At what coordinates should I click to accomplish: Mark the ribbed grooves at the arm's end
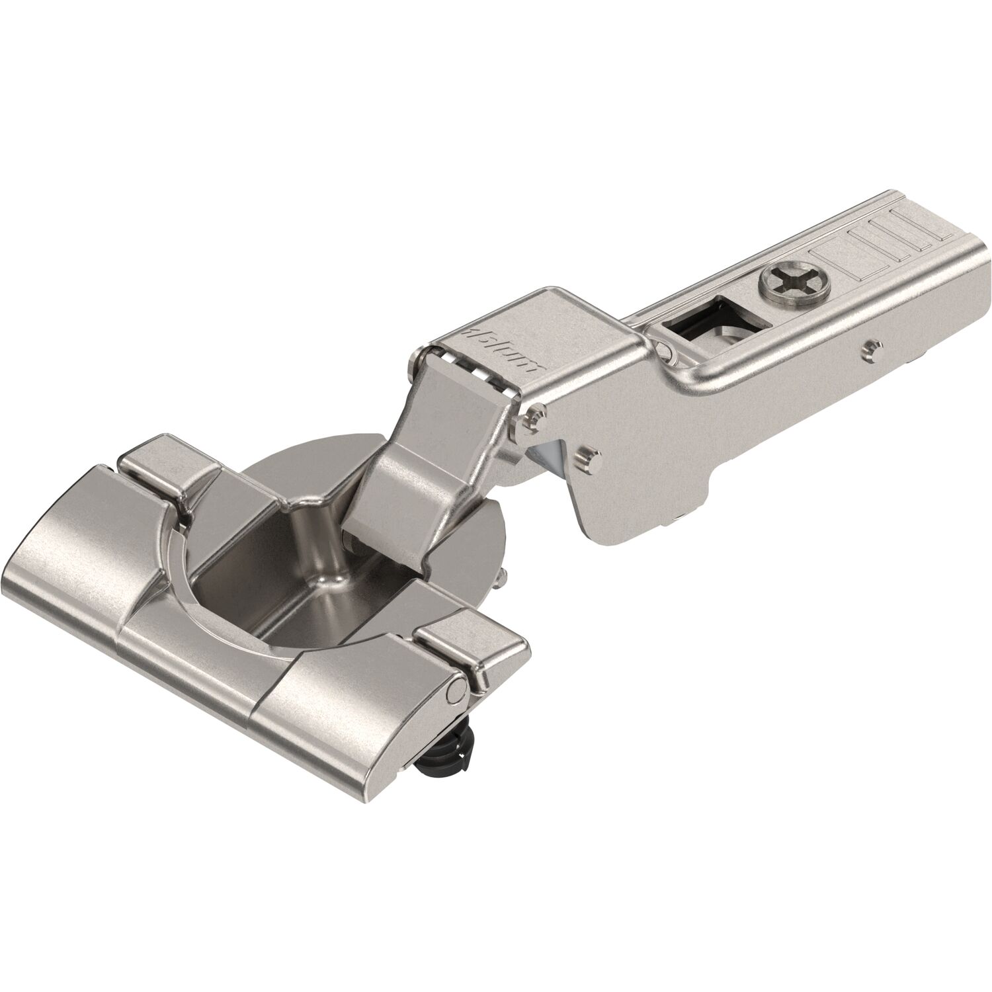pos(886,245)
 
